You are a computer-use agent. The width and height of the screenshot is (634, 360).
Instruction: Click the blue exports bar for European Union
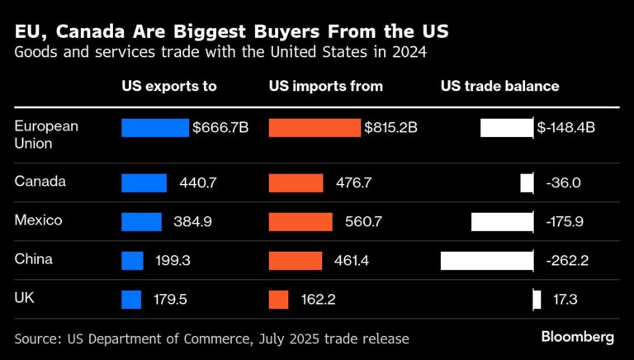point(154,128)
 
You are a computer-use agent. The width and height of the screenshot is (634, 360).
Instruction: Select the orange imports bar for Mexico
point(300,222)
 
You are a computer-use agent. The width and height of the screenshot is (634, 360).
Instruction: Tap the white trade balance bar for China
point(486,261)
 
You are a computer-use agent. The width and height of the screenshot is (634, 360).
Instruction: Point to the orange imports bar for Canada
point(296,183)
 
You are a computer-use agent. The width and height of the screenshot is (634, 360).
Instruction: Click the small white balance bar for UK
point(537,300)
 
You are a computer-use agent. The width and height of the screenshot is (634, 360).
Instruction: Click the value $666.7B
point(221,128)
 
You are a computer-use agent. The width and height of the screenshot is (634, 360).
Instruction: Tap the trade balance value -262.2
point(567,261)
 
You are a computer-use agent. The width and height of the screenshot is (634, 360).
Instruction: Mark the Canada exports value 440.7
point(197,183)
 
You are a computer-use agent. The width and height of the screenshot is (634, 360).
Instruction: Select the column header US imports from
point(325,86)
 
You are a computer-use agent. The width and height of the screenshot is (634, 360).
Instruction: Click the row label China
point(34,259)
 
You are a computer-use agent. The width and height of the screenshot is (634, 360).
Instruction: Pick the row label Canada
point(40,181)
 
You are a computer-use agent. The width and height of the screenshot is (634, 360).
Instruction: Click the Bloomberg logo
point(577,337)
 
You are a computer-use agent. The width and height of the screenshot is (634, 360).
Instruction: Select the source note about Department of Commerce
point(211,339)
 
